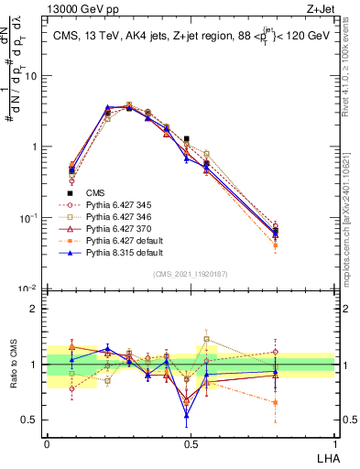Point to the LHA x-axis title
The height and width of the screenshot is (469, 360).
tap(325, 456)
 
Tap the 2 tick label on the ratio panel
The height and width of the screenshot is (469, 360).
tap(37, 309)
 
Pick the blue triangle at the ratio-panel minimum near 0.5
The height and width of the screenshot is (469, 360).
tap(187, 415)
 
